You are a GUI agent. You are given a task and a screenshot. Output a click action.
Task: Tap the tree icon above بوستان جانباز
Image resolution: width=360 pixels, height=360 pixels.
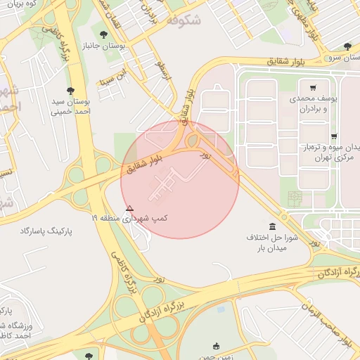[104, 33]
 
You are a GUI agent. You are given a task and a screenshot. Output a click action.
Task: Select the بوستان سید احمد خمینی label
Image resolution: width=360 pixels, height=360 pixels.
[70, 106]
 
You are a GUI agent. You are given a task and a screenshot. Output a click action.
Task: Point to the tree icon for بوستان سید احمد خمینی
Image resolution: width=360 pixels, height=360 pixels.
[70, 90]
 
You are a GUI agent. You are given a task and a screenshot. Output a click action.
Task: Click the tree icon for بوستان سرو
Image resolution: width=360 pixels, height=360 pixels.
[347, 46]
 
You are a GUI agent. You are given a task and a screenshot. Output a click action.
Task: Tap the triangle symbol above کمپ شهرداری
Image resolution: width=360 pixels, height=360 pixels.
[129, 208]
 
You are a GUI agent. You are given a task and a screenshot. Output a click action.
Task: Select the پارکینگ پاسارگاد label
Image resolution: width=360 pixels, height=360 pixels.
[47, 231]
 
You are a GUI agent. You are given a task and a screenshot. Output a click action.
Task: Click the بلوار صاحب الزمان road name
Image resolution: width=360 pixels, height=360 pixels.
[328, 319]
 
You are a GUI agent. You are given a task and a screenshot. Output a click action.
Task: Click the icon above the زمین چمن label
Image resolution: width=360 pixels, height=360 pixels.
[216, 345]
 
